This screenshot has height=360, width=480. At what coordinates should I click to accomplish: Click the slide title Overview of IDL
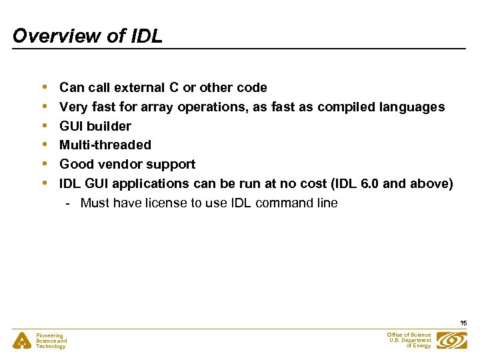(87, 36)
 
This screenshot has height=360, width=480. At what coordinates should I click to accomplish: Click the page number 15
(463, 323)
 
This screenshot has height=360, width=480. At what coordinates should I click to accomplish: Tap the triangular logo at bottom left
(21, 341)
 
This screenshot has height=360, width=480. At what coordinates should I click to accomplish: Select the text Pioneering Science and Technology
(51, 341)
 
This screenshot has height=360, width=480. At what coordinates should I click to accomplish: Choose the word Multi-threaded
(105, 145)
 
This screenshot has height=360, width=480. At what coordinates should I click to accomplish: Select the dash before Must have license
(69, 203)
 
